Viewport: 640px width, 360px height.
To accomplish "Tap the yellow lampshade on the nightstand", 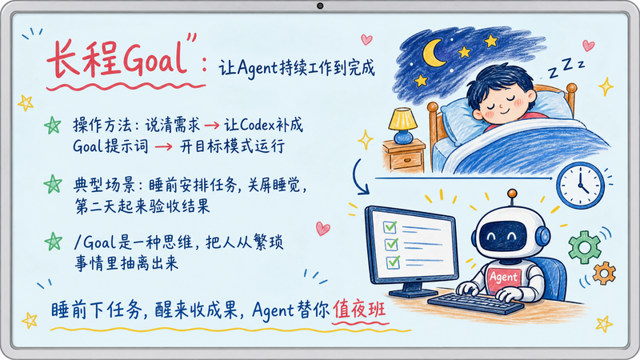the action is pos(402,119).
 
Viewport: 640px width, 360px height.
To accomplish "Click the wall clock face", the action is pos(581,186).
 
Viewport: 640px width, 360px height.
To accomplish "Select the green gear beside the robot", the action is pos(585,247).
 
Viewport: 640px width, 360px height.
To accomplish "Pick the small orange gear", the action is pos(604,274).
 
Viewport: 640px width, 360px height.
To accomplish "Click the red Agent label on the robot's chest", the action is pos(504,278).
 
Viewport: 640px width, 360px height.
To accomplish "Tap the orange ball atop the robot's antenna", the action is pos(512,193).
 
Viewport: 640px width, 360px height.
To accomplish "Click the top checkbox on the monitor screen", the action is pos(390,226).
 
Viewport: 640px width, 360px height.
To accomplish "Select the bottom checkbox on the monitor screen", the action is pos(393,262).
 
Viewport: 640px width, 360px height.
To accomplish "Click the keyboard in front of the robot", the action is pos(475,303).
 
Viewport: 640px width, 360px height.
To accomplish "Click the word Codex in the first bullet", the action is pos(257,125).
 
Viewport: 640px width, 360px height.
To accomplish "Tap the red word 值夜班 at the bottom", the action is pos(359,309).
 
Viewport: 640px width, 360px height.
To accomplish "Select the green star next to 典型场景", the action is pos(53,184).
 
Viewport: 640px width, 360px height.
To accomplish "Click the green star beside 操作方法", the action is pos(53,125).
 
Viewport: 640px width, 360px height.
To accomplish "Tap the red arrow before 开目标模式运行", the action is pos(164,147).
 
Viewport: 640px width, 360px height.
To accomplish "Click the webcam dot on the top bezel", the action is pos(320,6).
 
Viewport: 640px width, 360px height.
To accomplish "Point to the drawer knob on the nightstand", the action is pos(406,160).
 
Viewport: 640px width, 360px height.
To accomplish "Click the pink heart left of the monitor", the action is pos(322,228).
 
